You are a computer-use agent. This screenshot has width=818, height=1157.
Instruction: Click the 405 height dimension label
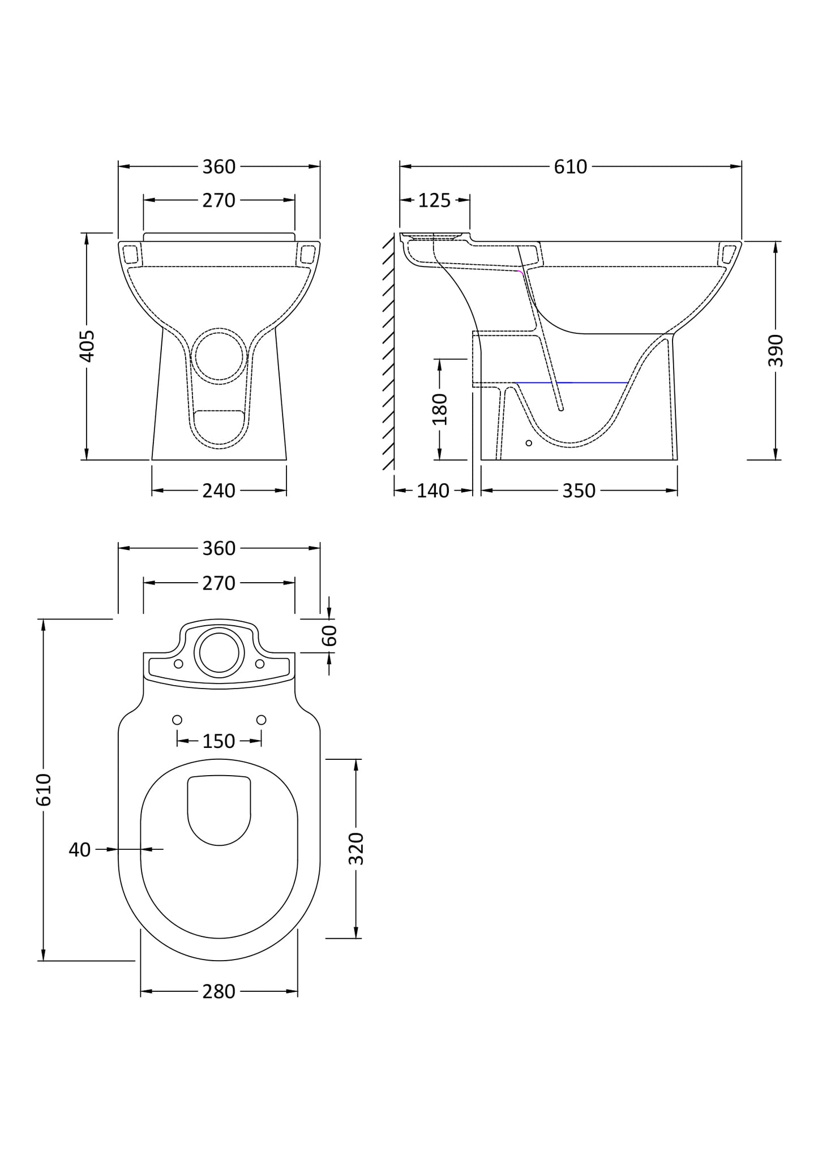[87, 346]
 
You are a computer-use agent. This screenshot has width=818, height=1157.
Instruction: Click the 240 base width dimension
[219, 491]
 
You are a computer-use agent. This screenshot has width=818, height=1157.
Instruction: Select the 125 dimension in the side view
[434, 200]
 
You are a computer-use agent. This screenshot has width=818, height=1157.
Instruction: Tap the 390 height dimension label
[776, 350]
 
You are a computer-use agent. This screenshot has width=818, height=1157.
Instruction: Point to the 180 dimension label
[440, 409]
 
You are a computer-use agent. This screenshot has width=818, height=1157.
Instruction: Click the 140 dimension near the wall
[432, 491]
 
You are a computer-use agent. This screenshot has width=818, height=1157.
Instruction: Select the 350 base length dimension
[579, 491]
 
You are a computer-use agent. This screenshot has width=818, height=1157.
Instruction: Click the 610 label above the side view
[570, 167]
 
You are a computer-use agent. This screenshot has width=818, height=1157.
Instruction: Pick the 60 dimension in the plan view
[330, 635]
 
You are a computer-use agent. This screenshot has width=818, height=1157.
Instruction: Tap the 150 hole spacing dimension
[219, 741]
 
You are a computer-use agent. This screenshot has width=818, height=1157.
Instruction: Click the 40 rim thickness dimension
[80, 850]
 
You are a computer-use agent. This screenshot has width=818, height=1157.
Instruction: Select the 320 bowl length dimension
[356, 849]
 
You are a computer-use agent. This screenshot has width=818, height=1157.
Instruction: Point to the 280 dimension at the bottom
[219, 991]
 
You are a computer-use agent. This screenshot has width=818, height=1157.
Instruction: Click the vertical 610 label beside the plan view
[44, 790]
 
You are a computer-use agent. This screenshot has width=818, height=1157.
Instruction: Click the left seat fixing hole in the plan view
[177, 720]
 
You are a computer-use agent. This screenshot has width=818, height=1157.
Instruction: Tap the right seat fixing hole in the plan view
[261, 720]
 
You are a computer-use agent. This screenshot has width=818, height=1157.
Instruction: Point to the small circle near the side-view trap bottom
[529, 443]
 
